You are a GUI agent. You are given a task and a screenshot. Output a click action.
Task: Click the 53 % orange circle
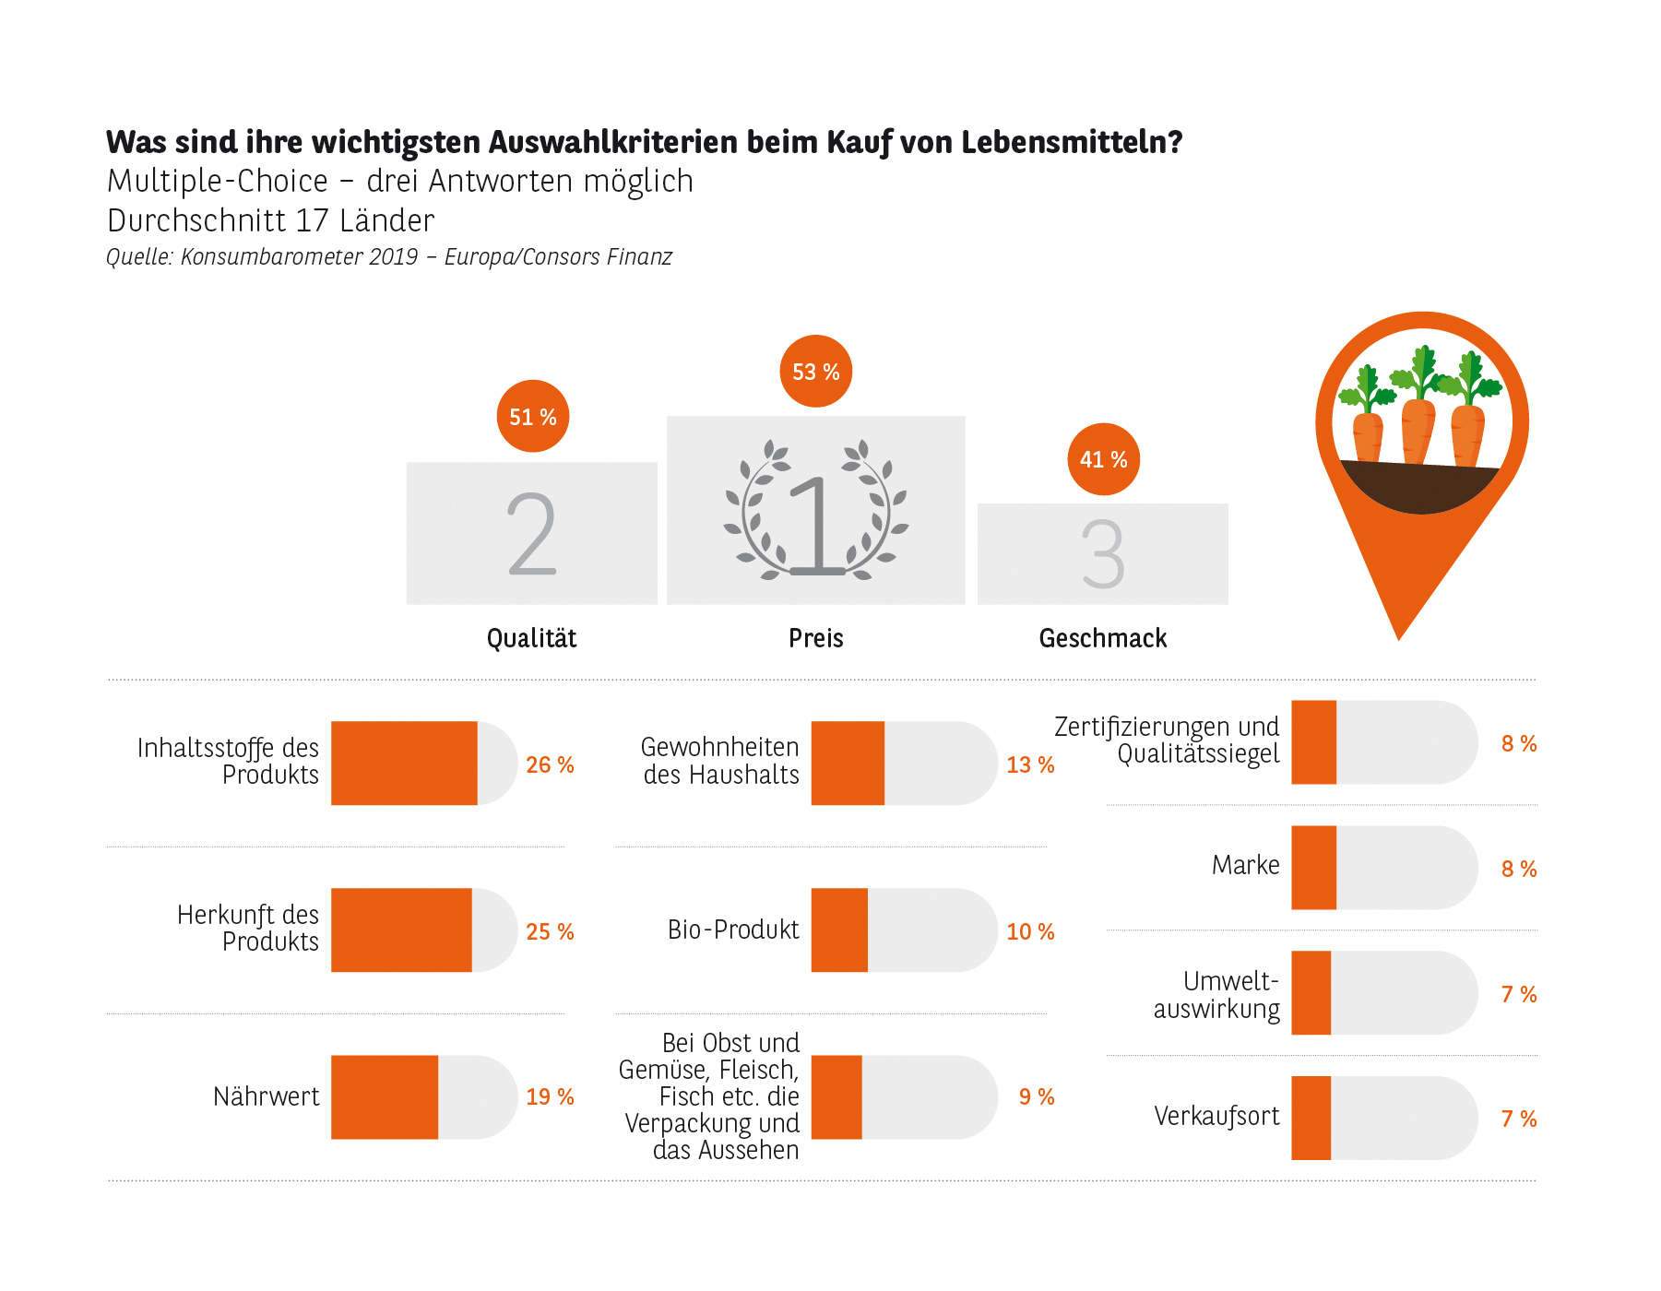815,371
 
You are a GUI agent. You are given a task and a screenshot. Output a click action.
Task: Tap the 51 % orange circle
532,416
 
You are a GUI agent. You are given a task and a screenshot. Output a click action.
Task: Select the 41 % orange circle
1103,458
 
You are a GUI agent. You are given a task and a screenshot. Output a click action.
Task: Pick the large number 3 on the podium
1103,553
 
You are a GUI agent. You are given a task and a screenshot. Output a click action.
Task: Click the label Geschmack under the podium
1102,638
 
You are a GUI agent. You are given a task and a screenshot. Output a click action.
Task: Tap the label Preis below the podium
815,638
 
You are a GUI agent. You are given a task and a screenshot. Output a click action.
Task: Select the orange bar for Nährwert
384,1096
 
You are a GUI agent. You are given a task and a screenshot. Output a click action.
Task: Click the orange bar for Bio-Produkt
838,930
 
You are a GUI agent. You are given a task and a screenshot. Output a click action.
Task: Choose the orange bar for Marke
1313,867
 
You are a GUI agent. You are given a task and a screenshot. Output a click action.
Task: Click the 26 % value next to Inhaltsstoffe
550,764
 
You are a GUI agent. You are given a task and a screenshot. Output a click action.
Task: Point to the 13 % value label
1030,764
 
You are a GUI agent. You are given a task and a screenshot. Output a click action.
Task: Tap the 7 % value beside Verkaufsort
1518,1119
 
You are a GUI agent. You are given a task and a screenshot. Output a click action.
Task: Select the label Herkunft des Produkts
247,928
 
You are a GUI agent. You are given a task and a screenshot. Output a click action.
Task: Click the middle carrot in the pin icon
1418,429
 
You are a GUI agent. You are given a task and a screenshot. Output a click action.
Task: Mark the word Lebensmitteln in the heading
1071,142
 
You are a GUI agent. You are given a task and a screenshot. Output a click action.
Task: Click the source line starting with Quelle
388,256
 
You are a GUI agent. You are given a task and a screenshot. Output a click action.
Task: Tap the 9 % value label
1036,1096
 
